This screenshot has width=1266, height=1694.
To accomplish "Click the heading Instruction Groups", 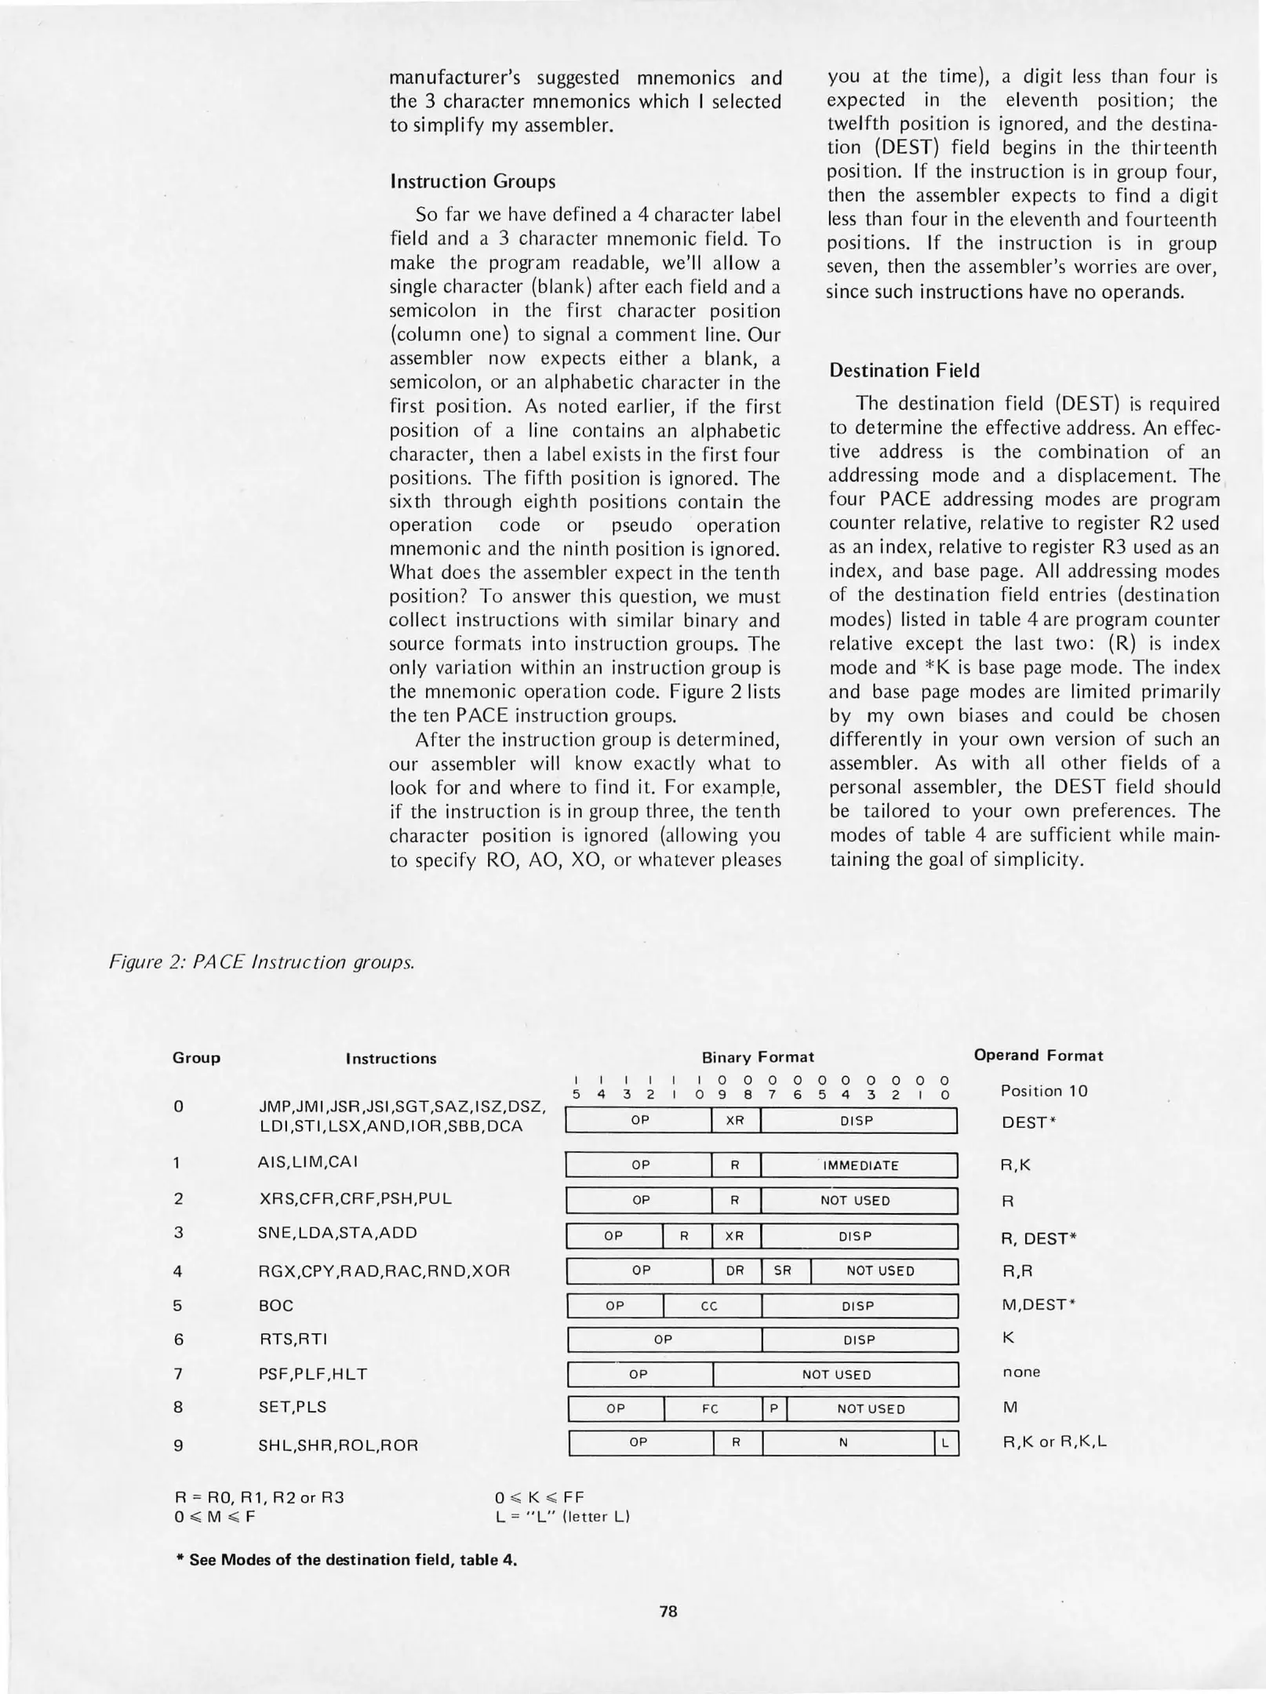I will (x=472, y=182).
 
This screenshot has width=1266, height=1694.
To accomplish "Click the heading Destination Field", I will (x=904, y=370).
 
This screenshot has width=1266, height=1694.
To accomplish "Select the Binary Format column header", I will (x=758, y=1057).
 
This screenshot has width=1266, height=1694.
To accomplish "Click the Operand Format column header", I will (x=1038, y=1056).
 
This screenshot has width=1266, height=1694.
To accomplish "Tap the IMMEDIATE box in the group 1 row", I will (x=860, y=1165).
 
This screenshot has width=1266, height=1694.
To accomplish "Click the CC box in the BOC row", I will (x=710, y=1306).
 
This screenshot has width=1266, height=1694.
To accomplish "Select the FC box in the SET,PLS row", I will (x=711, y=1409).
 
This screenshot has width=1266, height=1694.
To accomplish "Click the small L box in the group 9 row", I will (x=946, y=1443).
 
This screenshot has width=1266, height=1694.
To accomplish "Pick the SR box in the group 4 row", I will (x=783, y=1270).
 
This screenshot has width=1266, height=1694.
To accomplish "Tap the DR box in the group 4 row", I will (x=735, y=1270).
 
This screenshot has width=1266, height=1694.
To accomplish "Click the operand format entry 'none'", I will (x=1021, y=1372).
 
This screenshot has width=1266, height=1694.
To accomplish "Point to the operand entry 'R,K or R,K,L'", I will (x=1054, y=1442).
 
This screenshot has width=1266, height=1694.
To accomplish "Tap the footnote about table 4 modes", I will (x=346, y=1559).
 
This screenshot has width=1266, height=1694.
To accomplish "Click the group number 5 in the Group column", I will (x=178, y=1305).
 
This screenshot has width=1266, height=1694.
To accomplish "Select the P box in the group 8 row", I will (x=773, y=1409).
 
